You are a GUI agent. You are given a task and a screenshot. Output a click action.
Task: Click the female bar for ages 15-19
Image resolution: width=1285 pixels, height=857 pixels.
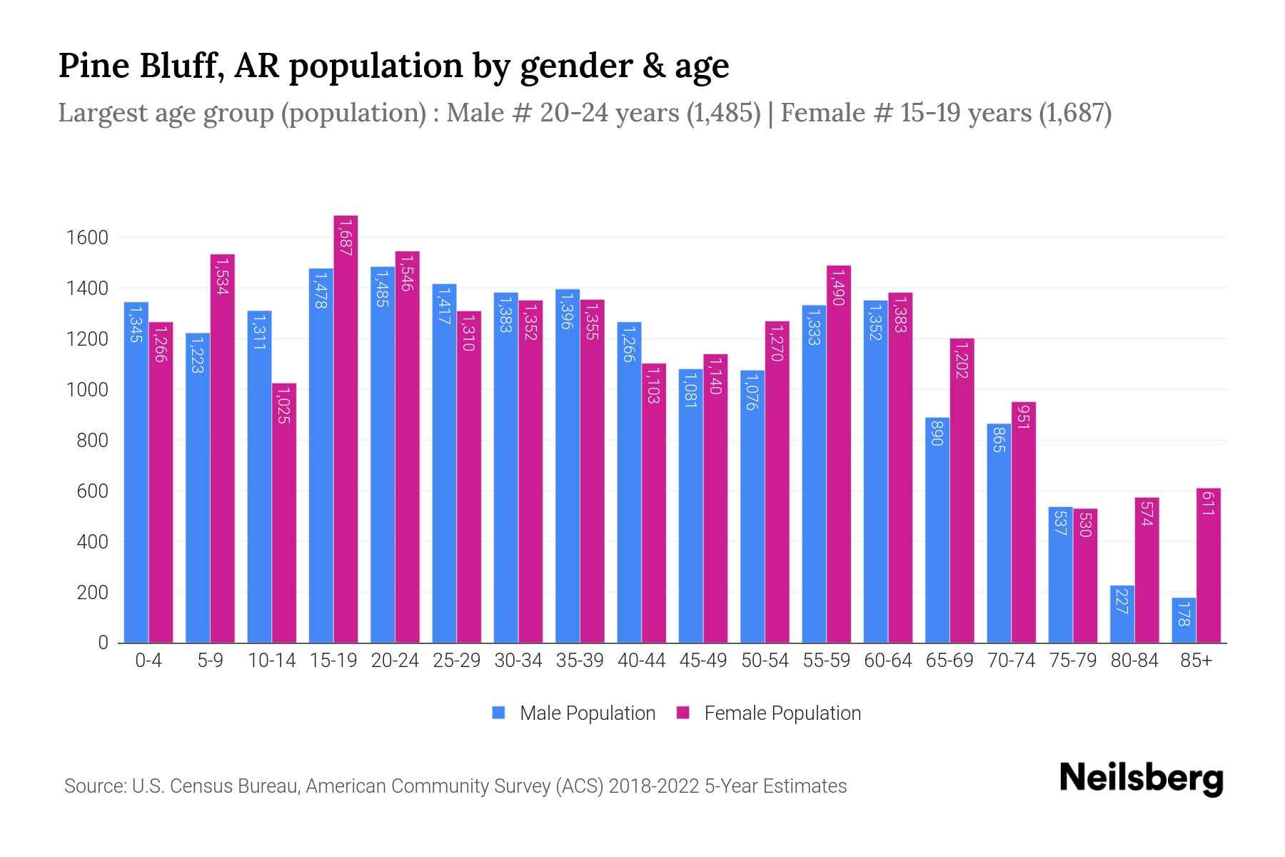coord(346,428)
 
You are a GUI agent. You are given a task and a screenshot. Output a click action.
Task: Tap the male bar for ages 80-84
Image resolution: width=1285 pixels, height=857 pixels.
coord(1122,614)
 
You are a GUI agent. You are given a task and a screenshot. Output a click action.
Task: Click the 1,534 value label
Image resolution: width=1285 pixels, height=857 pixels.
coord(222,276)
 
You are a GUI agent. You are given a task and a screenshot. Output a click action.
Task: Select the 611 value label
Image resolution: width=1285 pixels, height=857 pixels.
coord(1208,503)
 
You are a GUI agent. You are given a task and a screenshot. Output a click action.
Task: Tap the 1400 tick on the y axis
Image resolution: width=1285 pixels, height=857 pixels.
coord(87,289)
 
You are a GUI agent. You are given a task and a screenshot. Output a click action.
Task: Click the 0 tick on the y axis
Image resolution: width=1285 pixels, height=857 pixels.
coord(104,643)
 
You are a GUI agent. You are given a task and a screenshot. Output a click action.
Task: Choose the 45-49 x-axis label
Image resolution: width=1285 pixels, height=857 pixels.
coord(703,661)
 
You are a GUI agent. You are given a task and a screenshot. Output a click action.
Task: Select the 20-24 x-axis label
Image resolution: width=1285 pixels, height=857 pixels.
coord(395,661)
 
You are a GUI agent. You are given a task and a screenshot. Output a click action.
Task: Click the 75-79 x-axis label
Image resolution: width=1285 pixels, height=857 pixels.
coord(1073,661)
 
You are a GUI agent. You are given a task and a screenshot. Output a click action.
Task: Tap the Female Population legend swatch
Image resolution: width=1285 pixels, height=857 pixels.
coord(683,713)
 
